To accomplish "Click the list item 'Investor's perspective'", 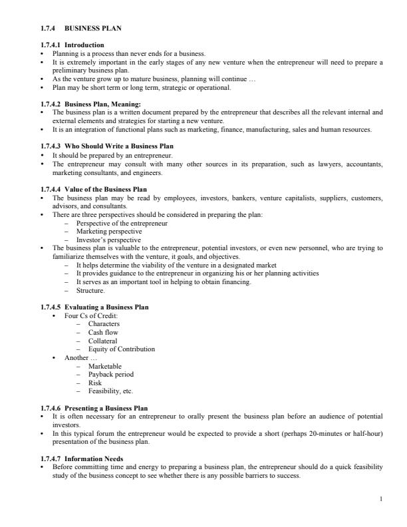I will tap(108, 240).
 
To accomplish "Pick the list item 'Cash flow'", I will tap(103, 332).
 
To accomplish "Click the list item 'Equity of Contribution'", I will tap(121, 349).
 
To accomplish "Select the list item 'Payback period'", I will tap(110, 374).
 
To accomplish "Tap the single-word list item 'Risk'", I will tap(94, 383).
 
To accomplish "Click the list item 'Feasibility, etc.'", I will tap(110, 391).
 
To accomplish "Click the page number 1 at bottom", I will tap(380, 498).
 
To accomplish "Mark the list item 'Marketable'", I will tap(105, 366).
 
